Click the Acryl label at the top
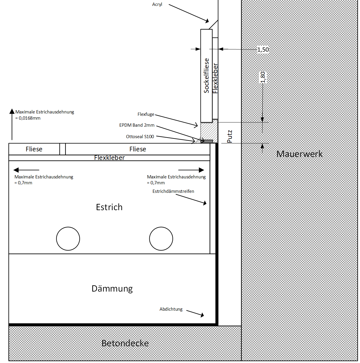[x=157, y=4]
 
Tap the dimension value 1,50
[x=263, y=50]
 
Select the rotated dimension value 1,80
[x=263, y=77]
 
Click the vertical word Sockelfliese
[x=207, y=76]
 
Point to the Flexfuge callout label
[x=146, y=114]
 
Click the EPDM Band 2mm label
[x=137, y=125]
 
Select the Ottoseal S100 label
[x=140, y=137]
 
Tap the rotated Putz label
[x=230, y=136]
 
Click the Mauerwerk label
[x=299, y=154]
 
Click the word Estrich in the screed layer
[x=109, y=207]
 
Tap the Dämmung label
[x=112, y=289]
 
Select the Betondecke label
[x=125, y=343]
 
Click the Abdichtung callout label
[x=171, y=309]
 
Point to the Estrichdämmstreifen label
[x=173, y=191]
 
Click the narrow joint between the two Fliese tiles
[x=63, y=149]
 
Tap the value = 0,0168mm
[x=28, y=118]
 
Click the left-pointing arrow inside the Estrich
[x=26, y=170]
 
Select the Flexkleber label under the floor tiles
[x=109, y=158]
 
